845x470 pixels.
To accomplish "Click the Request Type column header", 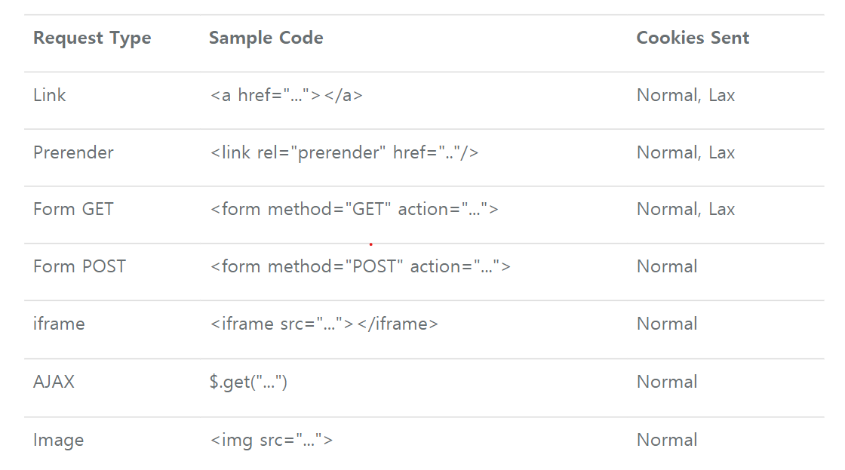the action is [92, 38].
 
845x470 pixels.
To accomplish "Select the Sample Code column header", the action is [266, 38].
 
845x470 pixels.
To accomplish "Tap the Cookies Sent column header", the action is [693, 38].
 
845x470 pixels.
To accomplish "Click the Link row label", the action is [50, 95].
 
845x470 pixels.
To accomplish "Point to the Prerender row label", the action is [73, 152].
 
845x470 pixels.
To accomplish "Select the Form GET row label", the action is [73, 209].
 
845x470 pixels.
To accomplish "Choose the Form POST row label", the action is [79, 266].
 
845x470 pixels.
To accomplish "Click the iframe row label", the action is [59, 324].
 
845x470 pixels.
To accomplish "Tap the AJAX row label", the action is [54, 382].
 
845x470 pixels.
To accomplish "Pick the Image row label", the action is [58, 440].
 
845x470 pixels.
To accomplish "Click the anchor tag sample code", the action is [286, 96].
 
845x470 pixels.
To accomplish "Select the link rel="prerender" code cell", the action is [344, 153].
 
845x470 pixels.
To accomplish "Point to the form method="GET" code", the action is [354, 210].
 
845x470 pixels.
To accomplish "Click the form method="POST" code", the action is [360, 267].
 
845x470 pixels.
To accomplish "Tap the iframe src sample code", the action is [324, 324].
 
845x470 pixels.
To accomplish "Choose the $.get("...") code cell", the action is [248, 382].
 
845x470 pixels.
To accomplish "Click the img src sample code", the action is [271, 441].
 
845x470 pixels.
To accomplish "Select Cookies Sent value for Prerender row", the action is [685, 152].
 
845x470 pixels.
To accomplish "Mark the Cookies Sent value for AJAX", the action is [667, 382].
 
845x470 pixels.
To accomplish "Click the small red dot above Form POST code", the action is [370, 244].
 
